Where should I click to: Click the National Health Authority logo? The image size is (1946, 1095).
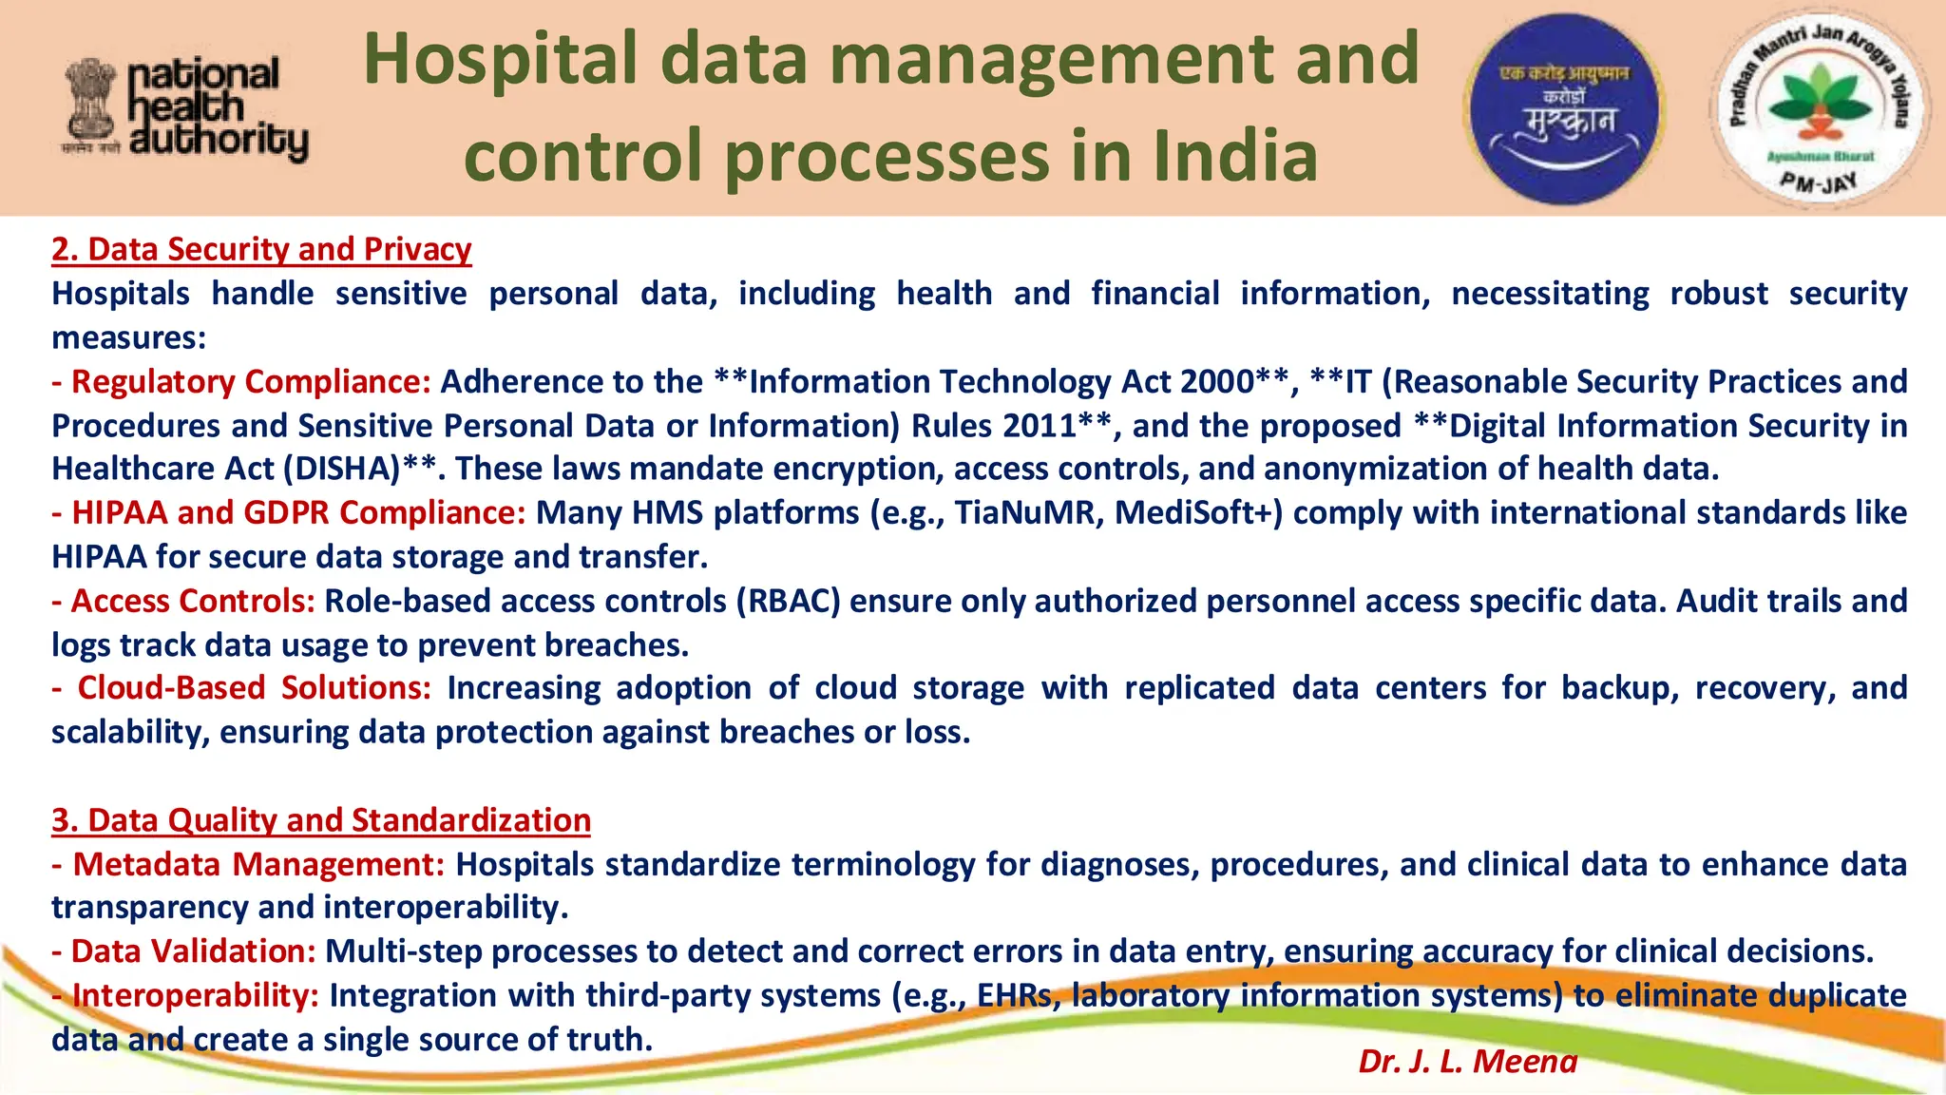[186, 109]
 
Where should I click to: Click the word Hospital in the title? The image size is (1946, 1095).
[500, 59]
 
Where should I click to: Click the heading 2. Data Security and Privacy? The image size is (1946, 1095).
[261, 249]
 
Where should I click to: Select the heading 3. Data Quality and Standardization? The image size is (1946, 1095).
[321, 819]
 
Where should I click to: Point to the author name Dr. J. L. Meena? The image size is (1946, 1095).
[1467, 1061]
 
